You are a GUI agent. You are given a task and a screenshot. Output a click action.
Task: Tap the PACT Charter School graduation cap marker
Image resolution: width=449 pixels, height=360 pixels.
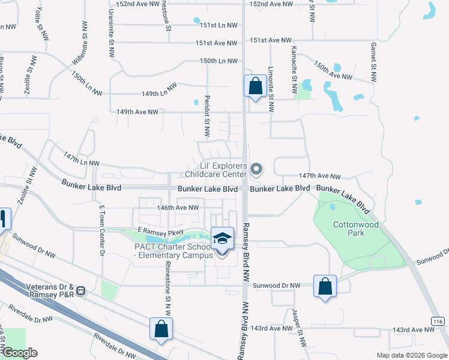pyautogui.click(x=222, y=238)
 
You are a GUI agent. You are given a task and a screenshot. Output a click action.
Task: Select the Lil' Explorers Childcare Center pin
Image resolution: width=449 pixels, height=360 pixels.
pyautogui.click(x=256, y=170)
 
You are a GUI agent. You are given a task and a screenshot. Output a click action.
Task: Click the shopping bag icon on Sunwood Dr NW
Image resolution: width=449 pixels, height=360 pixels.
pyautogui.click(x=325, y=286)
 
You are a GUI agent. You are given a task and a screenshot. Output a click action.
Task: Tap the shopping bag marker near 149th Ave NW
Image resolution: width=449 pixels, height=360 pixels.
pyautogui.click(x=256, y=86)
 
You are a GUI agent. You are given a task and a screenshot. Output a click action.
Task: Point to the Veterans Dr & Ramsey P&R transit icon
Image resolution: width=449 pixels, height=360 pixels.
pyautogui.click(x=81, y=291)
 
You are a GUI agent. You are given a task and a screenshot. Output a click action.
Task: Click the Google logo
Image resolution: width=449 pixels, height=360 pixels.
pyautogui.click(x=20, y=352)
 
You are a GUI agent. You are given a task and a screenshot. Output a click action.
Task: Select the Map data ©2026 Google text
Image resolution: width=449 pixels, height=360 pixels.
pyautogui.click(x=411, y=355)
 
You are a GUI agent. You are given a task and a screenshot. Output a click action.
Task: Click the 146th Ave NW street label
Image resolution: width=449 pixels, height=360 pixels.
pyautogui.click(x=178, y=208)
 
